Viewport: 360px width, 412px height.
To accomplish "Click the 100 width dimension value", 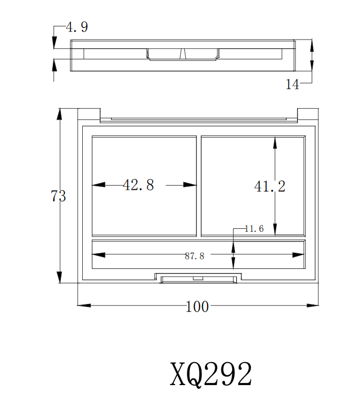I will coord(198,306).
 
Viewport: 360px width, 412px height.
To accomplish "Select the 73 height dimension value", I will coord(58,196).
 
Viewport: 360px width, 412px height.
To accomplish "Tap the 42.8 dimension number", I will coord(138,185).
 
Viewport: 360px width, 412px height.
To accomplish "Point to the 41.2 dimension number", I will coord(270,186).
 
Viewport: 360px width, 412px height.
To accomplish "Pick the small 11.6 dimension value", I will coord(254,229).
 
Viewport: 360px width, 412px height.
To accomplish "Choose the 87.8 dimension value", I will coord(194,256).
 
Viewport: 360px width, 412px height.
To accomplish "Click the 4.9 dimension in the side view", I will coord(77,27).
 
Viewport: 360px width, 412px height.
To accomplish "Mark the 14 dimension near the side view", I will coord(292,85).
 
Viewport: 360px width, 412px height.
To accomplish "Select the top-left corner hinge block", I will coord(88,114).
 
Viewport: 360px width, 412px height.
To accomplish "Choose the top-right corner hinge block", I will coord(308,114).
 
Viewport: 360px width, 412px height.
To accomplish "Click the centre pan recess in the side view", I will coord(183,54).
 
